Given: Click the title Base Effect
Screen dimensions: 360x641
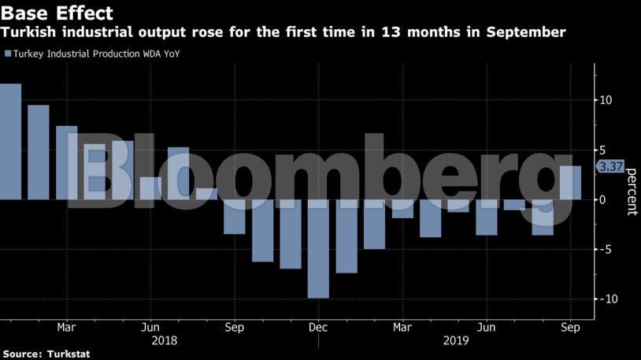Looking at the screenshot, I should [57, 13].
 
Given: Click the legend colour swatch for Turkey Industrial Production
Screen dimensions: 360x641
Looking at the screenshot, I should [8, 54].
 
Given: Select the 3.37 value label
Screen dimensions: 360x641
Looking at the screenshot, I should [612, 166].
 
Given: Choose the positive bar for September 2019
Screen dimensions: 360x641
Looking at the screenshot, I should [570, 183].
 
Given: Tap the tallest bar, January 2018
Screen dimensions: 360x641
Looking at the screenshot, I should [10, 142].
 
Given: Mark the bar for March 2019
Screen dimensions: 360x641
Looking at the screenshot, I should [402, 208].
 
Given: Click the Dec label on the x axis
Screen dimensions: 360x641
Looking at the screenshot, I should [318, 327].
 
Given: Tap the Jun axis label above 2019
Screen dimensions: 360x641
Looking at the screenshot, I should [487, 327].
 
